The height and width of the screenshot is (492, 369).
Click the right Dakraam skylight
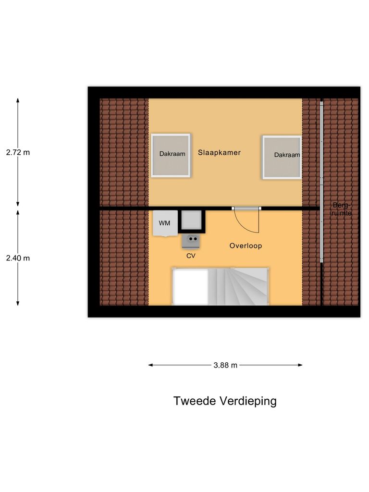click(x=282, y=157)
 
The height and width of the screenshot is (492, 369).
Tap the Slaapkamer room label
click(x=219, y=152)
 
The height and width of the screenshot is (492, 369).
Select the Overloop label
click(x=246, y=246)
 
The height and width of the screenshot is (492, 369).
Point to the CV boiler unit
click(x=191, y=240)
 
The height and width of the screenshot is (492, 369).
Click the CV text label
click(x=191, y=256)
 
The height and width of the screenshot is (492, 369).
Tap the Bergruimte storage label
click(x=342, y=209)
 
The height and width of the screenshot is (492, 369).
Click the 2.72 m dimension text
click(x=18, y=152)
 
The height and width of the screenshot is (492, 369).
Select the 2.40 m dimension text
click(x=18, y=258)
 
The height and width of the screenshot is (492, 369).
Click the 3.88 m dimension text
click(x=225, y=365)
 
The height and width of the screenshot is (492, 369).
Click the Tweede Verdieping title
click(x=225, y=401)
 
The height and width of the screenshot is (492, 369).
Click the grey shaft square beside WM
click(x=192, y=221)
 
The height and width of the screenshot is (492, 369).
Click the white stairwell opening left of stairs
click(x=190, y=287)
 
